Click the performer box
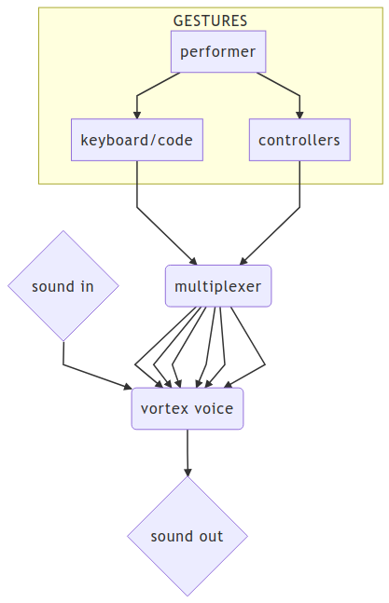click(218, 51)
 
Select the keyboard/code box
click(137, 140)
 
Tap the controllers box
click(299, 140)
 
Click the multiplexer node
click(218, 286)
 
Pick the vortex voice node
click(188, 408)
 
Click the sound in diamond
click(63, 286)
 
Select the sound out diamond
click(188, 536)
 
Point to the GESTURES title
click(210, 21)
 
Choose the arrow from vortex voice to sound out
click(188, 453)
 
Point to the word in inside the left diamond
click(88, 286)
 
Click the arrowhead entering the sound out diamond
click(188, 473)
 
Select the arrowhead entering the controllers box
click(299, 115)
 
